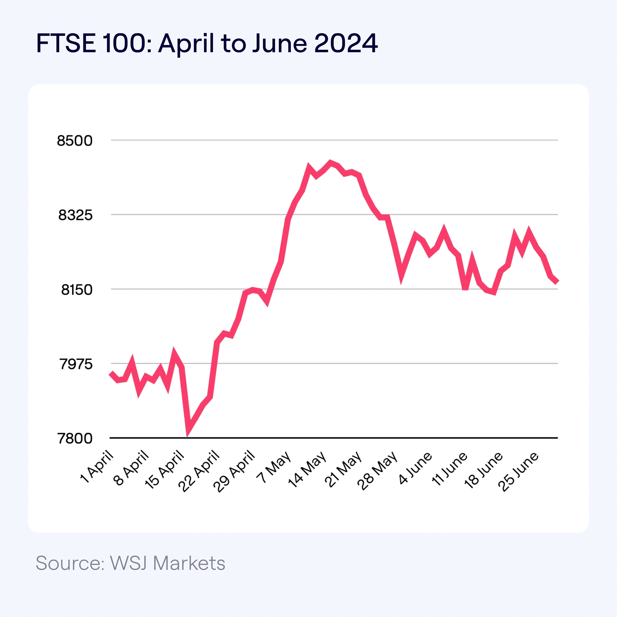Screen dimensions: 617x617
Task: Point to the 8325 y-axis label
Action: point(75,215)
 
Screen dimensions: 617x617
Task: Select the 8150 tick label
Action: point(77,290)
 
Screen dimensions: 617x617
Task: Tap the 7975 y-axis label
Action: point(76,364)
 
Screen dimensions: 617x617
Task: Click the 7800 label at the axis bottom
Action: point(75,438)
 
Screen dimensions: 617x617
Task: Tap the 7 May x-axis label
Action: point(274,467)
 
